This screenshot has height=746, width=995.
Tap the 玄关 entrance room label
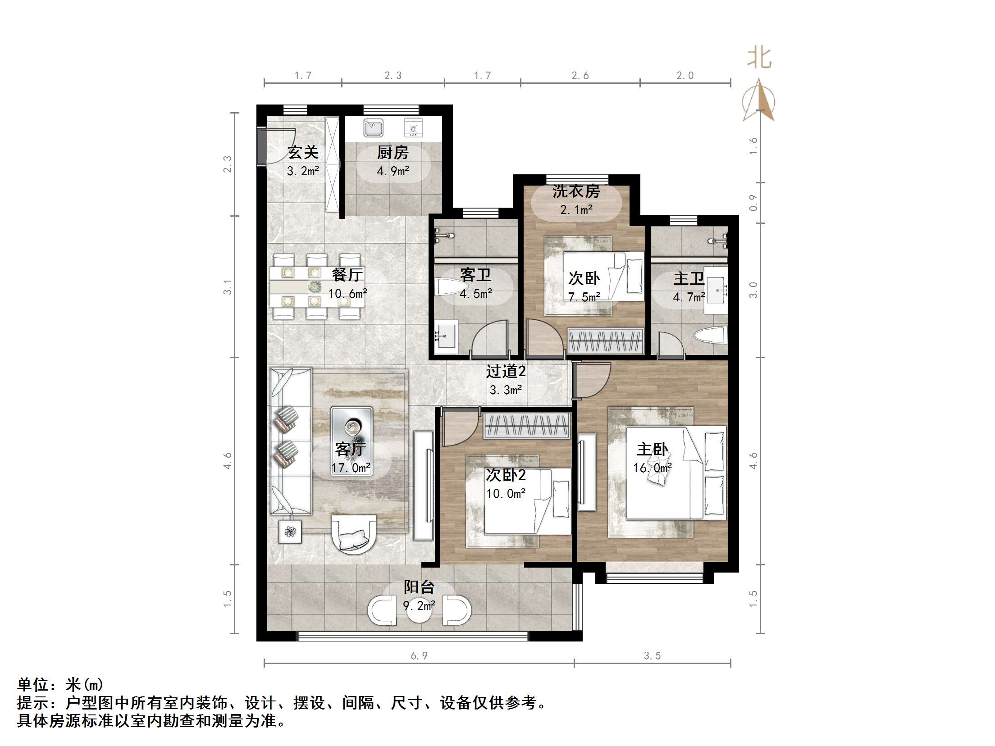pos(303,153)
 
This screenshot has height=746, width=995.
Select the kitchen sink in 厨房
pos(374,128)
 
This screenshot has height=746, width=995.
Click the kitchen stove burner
pos(413,128)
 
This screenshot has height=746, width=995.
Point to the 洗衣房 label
pos(576,192)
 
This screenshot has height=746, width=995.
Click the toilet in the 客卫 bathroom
pos(451,287)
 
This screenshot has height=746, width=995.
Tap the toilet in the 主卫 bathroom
pos(711,336)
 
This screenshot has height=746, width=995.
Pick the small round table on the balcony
pos(419,610)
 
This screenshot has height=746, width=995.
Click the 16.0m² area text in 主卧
pos(652,468)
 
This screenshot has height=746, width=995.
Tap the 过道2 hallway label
pos(506,372)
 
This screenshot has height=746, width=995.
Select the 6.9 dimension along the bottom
pos(419,656)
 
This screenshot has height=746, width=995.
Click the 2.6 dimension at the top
pos(580,76)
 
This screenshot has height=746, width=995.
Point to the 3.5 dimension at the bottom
pos(652,656)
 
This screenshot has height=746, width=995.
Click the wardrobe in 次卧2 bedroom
pos(527,425)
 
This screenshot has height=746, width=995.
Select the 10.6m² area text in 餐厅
pos(347,294)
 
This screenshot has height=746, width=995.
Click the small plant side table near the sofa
pos(290,532)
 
